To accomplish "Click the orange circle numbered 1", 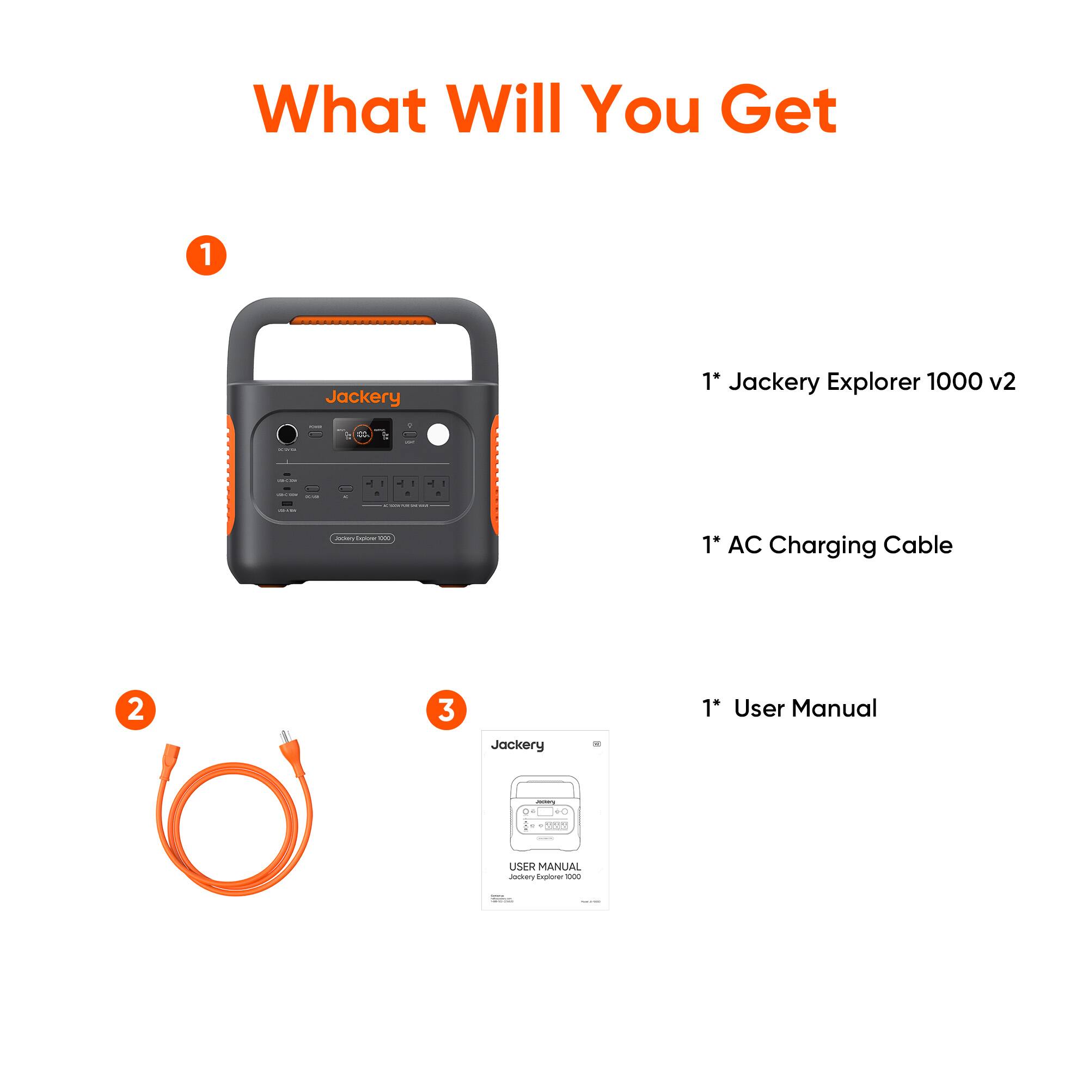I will pos(206,255).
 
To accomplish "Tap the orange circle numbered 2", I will pos(135,709).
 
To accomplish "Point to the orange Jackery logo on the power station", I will pos(363,397).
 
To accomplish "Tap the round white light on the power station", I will pos(438,435).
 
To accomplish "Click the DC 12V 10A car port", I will pos(287,434).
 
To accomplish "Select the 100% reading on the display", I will pos(363,435).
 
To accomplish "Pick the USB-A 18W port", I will pos(287,503).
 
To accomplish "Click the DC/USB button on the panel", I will pos(311,489).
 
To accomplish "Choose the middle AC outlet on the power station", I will pos(406,488).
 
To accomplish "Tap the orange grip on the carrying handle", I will pos(363,321).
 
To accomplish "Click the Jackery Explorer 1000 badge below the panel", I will pos(363,539).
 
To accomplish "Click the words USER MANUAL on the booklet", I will pos(544,867).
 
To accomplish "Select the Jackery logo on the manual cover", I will pos(517,745).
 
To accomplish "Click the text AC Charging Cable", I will pos(840,545).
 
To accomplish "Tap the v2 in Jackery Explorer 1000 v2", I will pos(1002,382).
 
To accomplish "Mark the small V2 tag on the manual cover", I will pos(597,744).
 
